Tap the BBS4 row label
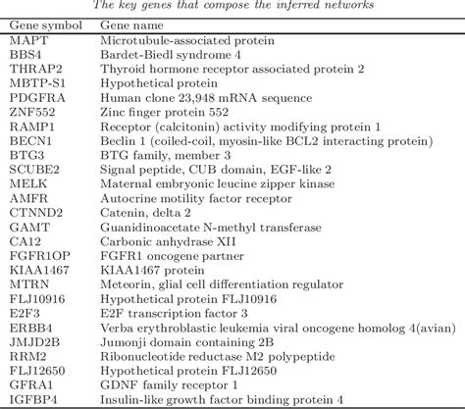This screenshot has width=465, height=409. point(25,56)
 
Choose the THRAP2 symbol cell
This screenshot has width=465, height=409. point(32,70)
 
